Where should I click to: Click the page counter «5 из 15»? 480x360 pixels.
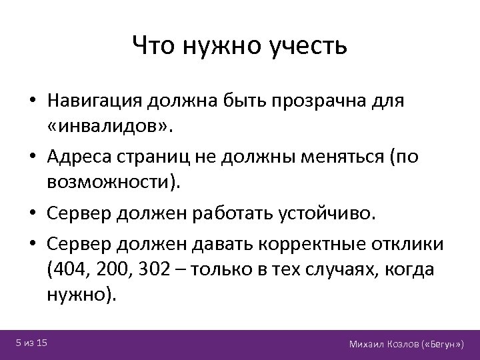pyautogui.click(x=31, y=343)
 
